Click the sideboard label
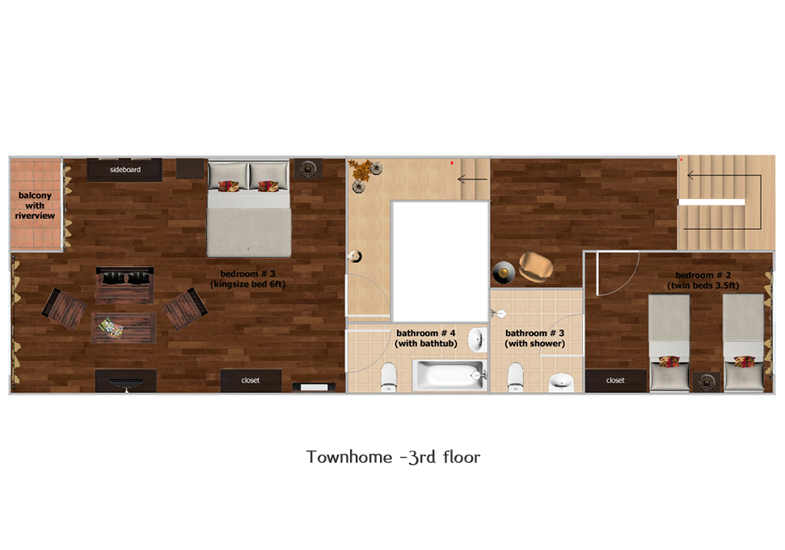click(125, 170)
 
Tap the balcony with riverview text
click(35, 205)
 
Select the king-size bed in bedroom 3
click(249, 208)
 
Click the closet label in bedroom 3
click(251, 380)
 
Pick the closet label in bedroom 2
click(615, 380)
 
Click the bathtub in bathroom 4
click(449, 375)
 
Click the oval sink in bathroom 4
click(478, 339)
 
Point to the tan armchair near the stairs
click(536, 266)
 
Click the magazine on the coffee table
click(111, 328)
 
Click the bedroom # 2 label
click(703, 275)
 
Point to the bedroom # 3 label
click(248, 273)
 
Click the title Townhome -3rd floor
click(393, 457)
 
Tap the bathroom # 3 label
click(534, 333)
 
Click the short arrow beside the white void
click(472, 179)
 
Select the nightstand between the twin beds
click(706, 382)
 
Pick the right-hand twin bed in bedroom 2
click(744, 343)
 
